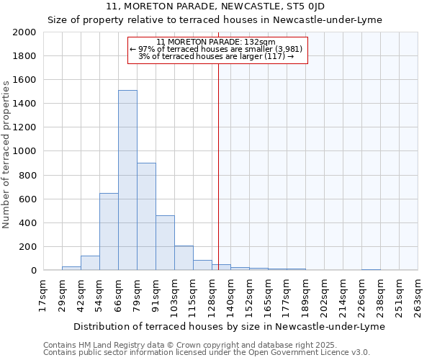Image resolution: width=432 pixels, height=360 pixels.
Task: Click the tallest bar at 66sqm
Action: coord(127,180)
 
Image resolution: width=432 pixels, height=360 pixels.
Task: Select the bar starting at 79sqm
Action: coord(146,216)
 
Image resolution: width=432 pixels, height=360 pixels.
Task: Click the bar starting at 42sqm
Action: coord(90,263)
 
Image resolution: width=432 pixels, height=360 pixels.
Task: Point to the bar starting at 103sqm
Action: coord(184,258)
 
